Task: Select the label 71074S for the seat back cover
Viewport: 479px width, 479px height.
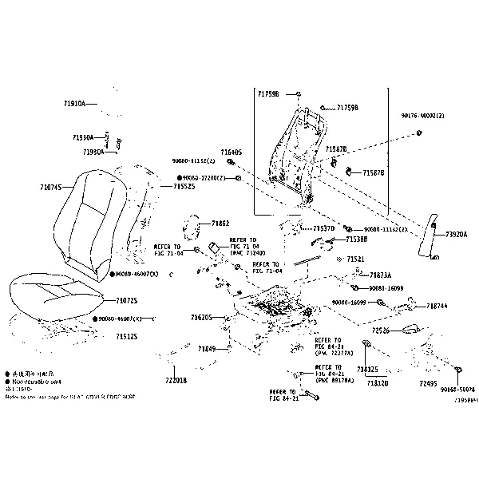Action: pos(50,188)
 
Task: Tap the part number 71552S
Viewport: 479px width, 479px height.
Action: pos(184,186)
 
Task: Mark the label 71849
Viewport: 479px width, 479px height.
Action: pos(207,349)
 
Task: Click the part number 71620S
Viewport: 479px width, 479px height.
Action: pos(201,318)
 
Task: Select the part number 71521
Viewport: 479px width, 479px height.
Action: pos(355,259)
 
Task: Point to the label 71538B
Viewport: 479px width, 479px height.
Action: pos(357,239)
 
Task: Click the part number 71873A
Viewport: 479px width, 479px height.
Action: pos(380,275)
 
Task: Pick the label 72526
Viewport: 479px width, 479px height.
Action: pos(381,330)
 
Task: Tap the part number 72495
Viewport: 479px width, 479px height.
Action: pos(428,383)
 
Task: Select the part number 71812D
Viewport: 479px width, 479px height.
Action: pos(378,383)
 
